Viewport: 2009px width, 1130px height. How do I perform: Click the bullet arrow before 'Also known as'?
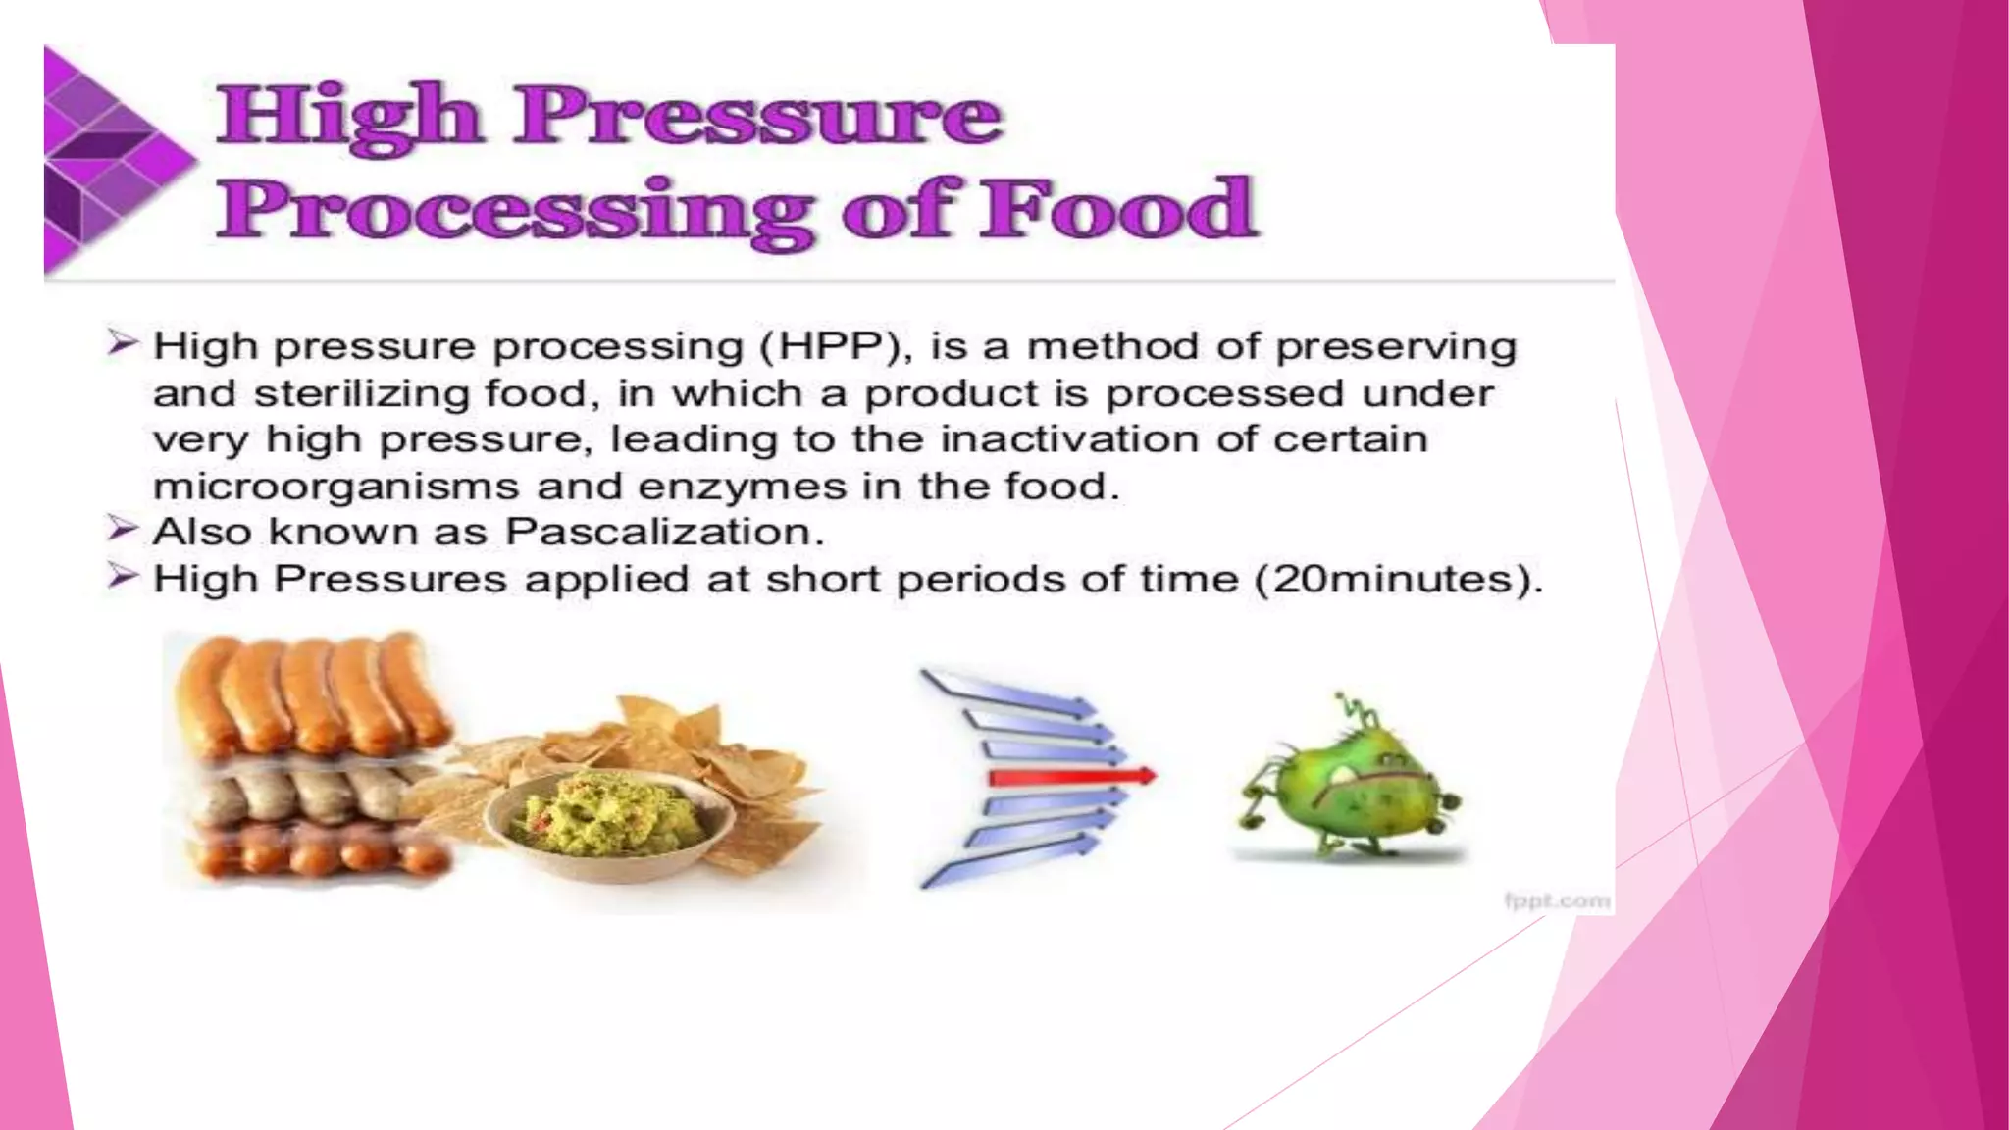coord(123,529)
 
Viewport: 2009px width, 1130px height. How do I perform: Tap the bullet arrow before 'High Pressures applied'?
coord(123,576)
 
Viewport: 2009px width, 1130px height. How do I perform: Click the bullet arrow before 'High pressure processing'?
coord(123,343)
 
